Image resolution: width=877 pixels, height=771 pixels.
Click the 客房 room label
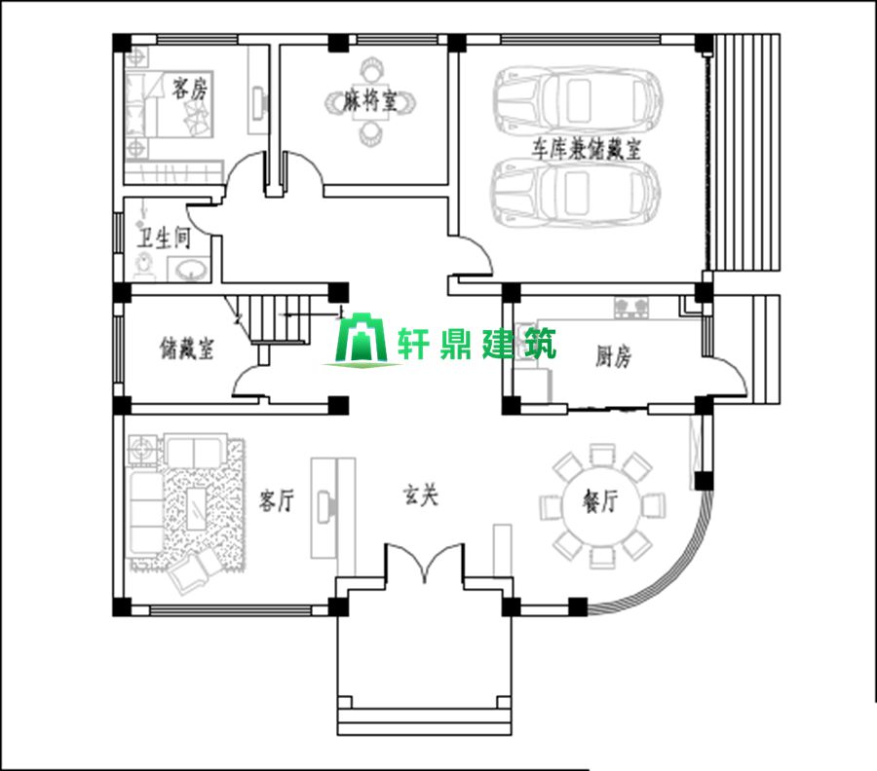[189, 91]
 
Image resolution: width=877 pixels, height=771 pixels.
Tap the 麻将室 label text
[371, 102]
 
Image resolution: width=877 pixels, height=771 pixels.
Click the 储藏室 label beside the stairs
[186, 348]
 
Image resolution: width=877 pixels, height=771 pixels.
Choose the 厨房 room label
[613, 357]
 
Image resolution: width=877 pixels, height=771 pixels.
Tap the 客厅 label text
[277, 501]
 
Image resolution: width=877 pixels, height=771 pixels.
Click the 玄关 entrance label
[421, 496]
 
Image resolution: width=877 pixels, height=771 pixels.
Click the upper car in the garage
[578, 97]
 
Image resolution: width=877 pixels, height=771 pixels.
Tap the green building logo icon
[357, 342]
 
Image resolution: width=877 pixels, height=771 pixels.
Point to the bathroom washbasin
[189, 268]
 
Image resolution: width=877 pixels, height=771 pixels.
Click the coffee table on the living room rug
[196, 504]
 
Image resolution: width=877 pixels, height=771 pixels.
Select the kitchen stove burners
[632, 308]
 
